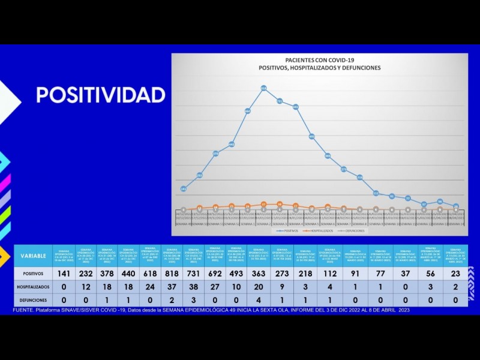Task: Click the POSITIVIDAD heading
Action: pyautogui.click(x=101, y=95)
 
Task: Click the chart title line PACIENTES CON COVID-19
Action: pyautogui.click(x=319, y=60)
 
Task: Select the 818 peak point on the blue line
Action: pyautogui.click(x=264, y=88)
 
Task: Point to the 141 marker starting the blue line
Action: pyautogui.click(x=183, y=188)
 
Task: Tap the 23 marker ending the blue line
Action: pyautogui.click(x=457, y=206)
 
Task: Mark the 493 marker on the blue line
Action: pyautogui.click(x=312, y=137)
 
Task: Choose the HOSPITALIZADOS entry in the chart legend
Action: pyautogui.click(x=319, y=230)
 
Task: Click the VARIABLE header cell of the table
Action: pyautogui.click(x=33, y=256)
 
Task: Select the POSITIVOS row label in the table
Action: pyautogui.click(x=33, y=273)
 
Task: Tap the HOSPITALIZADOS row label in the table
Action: pyautogui.click(x=33, y=287)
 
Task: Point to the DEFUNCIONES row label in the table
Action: pyautogui.click(x=33, y=300)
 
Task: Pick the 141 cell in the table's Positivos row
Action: pyautogui.click(x=63, y=273)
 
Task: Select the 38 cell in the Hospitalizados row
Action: pyautogui.click(x=193, y=287)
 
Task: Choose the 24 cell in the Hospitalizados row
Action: pyautogui.click(x=150, y=287)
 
